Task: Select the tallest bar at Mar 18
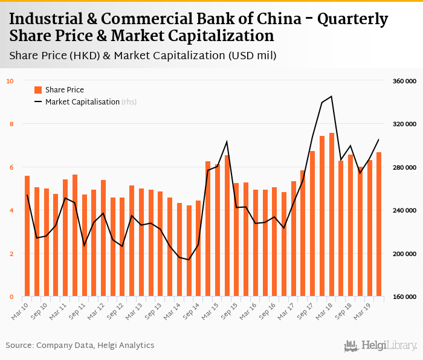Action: (332, 214)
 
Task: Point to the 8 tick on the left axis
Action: (10, 124)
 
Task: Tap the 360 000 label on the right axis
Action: (402, 80)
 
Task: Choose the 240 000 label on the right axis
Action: (402, 210)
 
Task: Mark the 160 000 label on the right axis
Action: (402, 297)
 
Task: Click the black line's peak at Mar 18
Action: (332, 96)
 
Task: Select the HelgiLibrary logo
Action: (381, 346)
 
